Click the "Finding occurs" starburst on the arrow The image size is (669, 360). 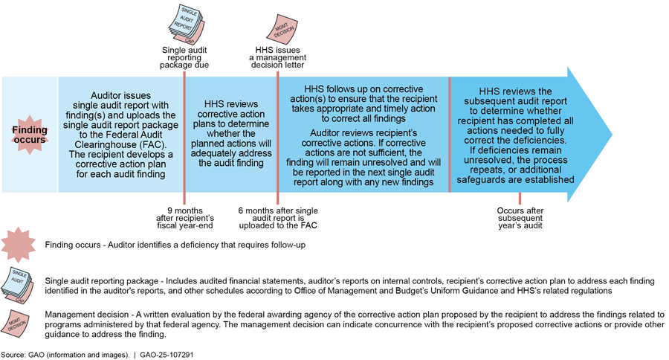(x=30, y=135)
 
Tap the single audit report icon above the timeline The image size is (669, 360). (x=184, y=22)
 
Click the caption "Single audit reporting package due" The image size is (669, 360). (x=184, y=57)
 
